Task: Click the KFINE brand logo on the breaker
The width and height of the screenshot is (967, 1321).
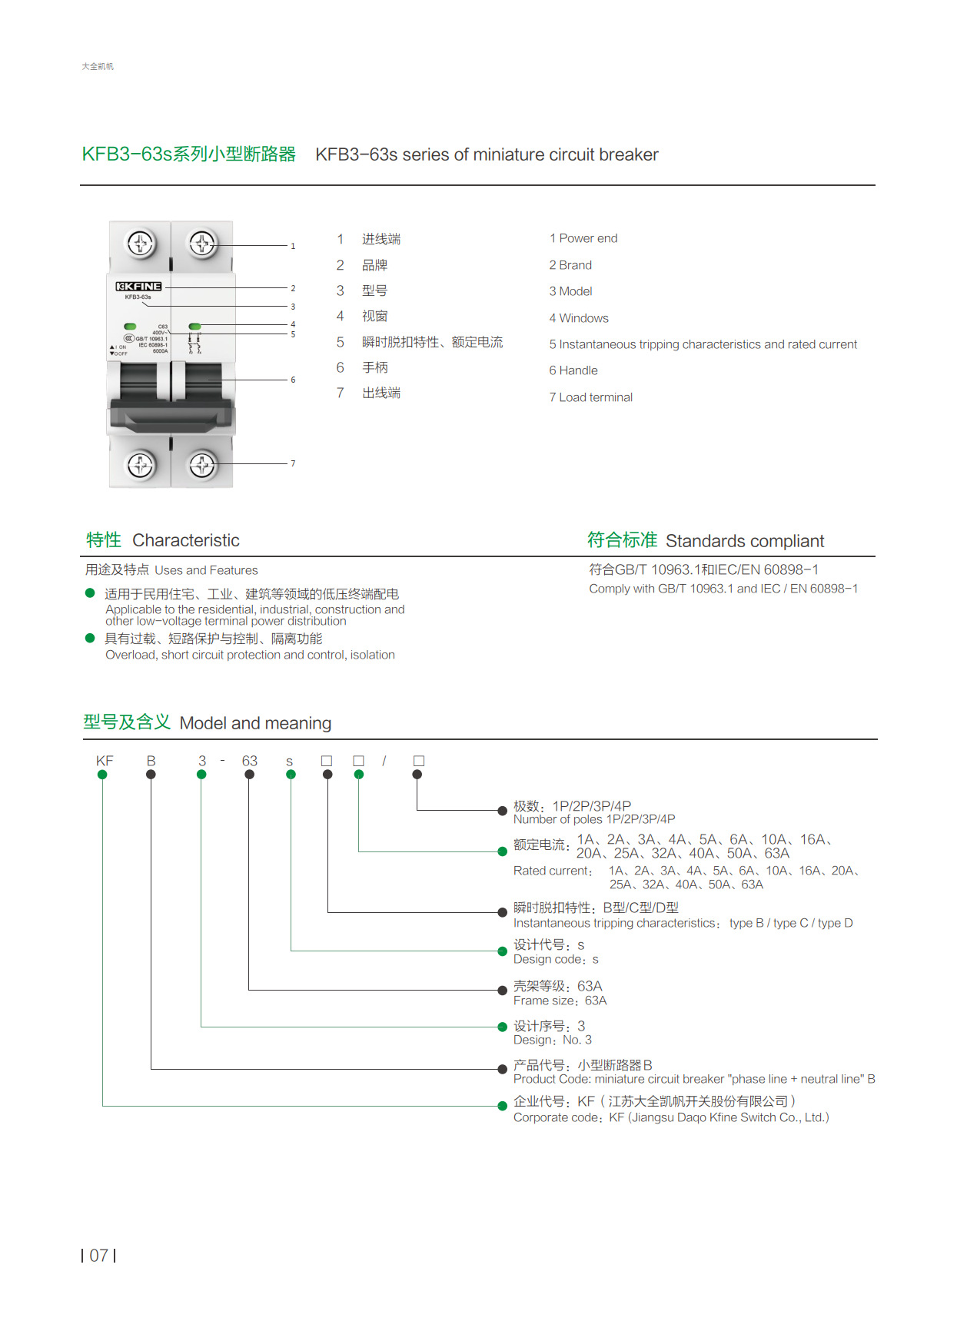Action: [138, 287]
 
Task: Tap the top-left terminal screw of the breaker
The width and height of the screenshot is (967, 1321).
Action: [140, 244]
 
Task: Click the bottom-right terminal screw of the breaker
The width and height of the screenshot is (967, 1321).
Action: [202, 464]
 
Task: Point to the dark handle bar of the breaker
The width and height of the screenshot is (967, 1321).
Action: [171, 414]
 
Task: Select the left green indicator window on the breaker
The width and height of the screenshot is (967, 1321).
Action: [130, 327]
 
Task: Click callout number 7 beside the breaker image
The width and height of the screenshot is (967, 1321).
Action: [293, 463]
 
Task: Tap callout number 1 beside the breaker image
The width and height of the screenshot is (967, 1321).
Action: [293, 246]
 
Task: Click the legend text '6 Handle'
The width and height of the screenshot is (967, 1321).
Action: [573, 370]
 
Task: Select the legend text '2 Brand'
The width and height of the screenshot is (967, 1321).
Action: [570, 265]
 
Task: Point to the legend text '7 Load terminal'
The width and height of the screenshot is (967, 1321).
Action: [590, 397]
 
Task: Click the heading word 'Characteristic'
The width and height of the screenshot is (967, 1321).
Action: [185, 540]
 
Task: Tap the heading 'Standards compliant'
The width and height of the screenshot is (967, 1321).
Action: [744, 541]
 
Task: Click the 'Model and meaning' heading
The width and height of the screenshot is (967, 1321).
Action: [255, 723]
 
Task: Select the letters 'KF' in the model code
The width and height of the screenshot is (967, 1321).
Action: [105, 761]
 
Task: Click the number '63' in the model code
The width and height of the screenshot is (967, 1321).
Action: [249, 761]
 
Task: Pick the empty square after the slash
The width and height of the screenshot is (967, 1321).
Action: [418, 761]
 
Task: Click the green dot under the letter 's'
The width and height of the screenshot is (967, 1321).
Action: [291, 775]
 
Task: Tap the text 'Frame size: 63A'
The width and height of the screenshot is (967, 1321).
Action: [560, 1001]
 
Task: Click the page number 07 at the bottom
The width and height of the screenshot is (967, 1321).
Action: [98, 1256]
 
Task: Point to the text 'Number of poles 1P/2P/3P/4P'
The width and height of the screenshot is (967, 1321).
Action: [593, 819]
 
